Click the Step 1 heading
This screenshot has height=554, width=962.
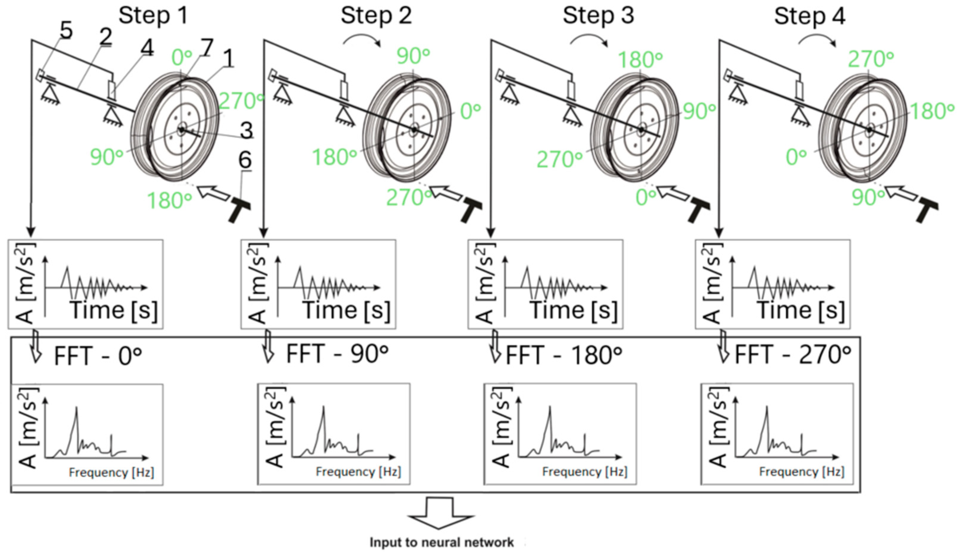pyautogui.click(x=153, y=16)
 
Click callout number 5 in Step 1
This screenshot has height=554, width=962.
pyautogui.click(x=66, y=31)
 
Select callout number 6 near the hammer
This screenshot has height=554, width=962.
pyautogui.click(x=245, y=160)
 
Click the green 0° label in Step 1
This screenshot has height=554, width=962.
pyautogui.click(x=182, y=58)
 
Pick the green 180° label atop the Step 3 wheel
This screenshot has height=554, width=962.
pyautogui.click(x=640, y=60)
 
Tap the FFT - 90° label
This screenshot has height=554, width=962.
pyautogui.click(x=337, y=354)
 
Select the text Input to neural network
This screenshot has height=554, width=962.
pyautogui.click(x=442, y=542)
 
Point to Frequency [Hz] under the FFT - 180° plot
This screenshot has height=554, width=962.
pyautogui.click(x=585, y=472)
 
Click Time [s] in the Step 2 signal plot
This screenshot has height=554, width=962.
pyautogui.click(x=347, y=310)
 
